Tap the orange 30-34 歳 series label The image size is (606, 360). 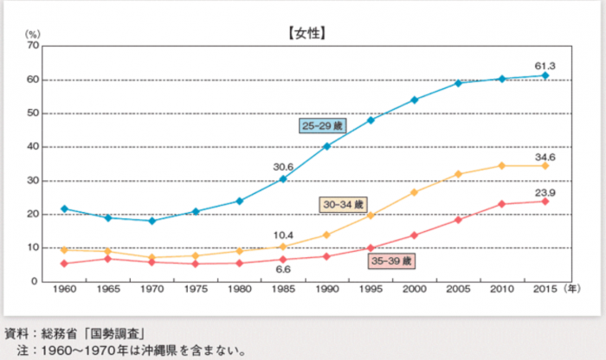pyautogui.click(x=341, y=204)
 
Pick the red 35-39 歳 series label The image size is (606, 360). pyautogui.click(x=392, y=260)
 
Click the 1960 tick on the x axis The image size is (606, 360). pyautogui.click(x=65, y=290)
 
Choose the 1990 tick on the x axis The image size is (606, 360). pyautogui.click(x=327, y=290)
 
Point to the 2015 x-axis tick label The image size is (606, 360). pyautogui.click(x=545, y=290)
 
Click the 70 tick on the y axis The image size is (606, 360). pyautogui.click(x=32, y=46)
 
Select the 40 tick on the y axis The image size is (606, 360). pyautogui.click(x=32, y=147)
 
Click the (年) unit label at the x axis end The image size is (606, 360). pyautogui.click(x=574, y=289)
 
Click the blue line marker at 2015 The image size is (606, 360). pyautogui.click(x=545, y=75)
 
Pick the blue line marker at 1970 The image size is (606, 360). pyautogui.click(x=152, y=221)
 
